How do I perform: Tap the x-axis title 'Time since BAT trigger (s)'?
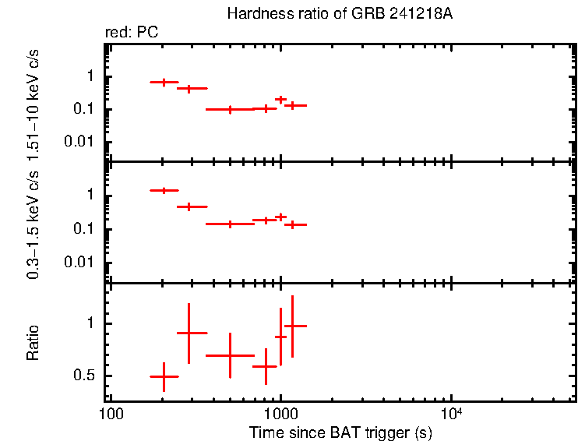point(340,432)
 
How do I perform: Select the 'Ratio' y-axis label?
point(33,343)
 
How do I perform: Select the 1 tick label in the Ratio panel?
point(93,323)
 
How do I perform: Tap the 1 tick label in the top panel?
point(93,76)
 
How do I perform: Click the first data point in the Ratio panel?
point(164,376)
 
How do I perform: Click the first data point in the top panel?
point(164,82)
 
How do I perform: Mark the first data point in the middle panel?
point(164,190)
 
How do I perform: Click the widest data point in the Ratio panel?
point(230,355)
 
